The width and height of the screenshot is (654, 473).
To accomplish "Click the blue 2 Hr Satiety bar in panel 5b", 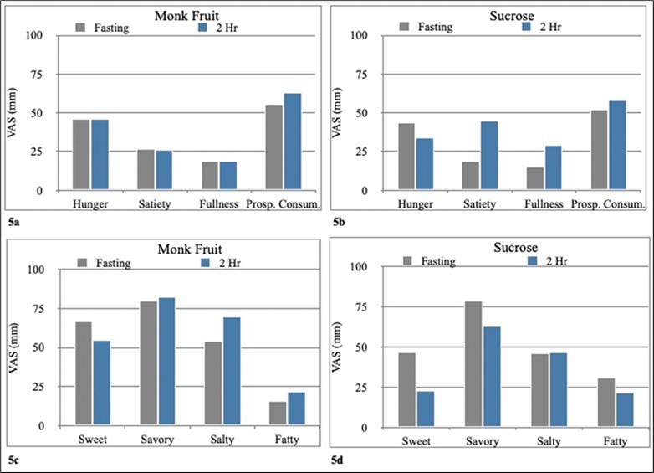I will coord(465,156).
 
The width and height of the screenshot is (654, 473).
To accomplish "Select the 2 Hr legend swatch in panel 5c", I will coord(208,263).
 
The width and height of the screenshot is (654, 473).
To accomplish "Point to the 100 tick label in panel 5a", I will coord(33,35).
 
